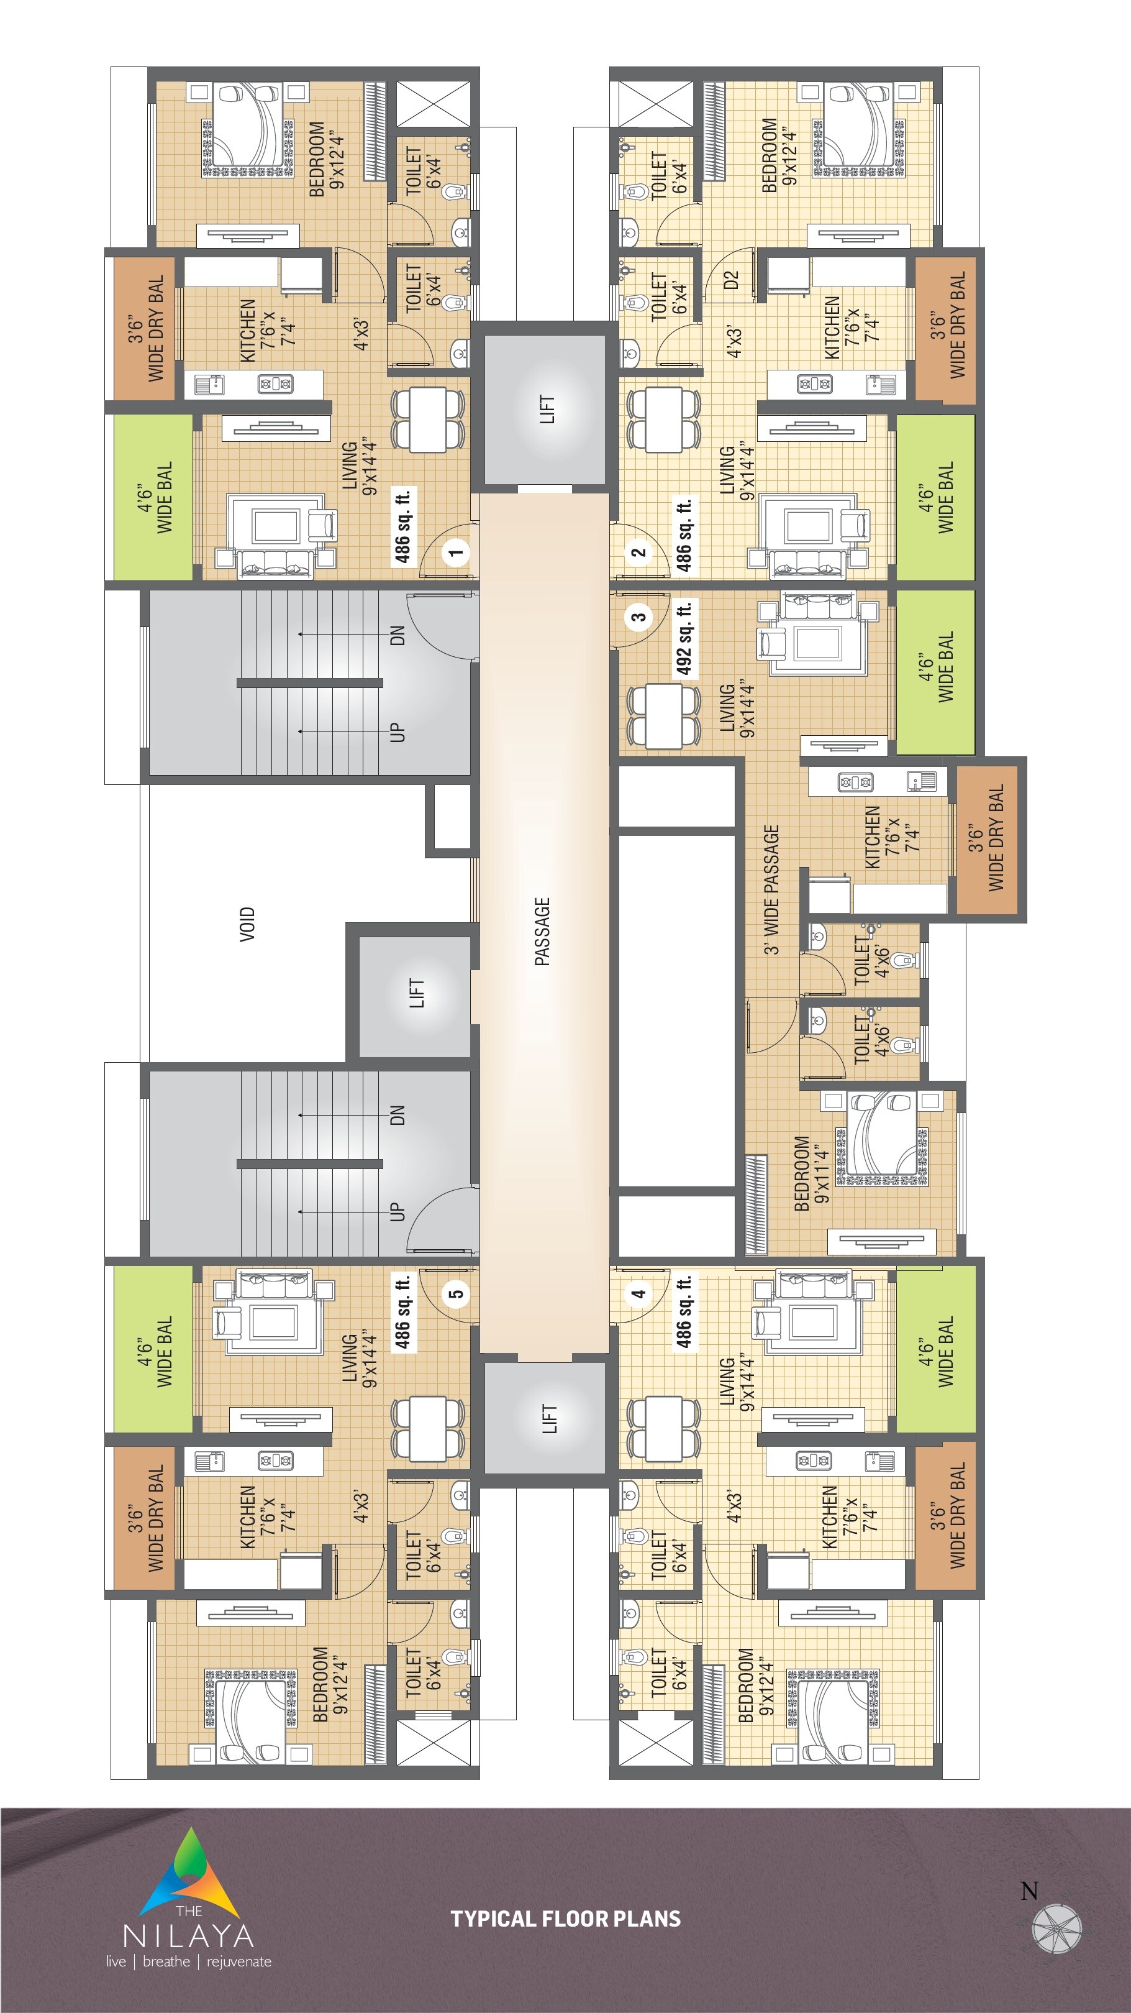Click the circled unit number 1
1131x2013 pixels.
coord(456,552)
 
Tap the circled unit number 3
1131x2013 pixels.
coord(639,617)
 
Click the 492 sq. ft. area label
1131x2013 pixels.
coord(684,638)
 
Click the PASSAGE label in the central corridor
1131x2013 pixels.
coord(543,932)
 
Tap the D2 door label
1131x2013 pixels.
coord(731,280)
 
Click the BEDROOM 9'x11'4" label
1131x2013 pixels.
coord(811,1173)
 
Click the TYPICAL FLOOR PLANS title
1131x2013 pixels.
coord(565,1919)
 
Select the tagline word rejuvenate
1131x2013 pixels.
coord(239,1961)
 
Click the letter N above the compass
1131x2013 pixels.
coord(1030,1891)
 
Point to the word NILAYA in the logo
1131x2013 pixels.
coord(188,1936)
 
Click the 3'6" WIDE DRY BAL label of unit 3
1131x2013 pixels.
coord(986,838)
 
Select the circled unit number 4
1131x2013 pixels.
coord(639,1293)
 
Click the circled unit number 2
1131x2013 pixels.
coord(639,552)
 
